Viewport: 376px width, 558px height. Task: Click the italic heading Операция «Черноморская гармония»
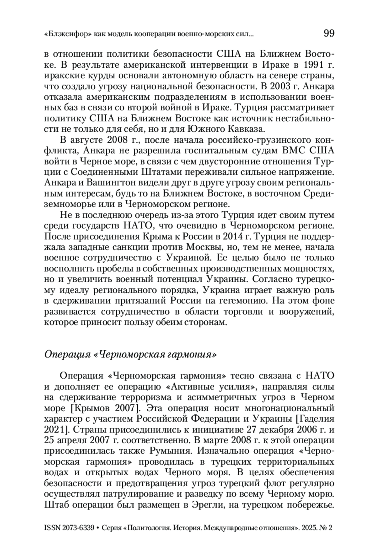coord(130,354)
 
